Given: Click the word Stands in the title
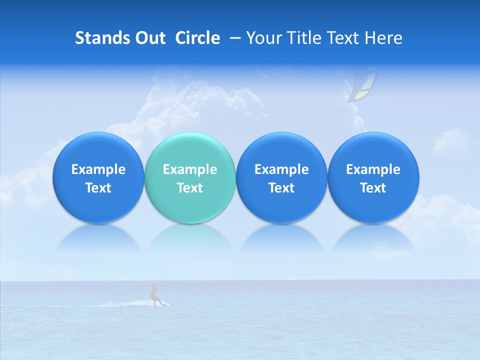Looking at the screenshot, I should [x=99, y=38].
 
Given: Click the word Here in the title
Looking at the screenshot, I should [x=383, y=38].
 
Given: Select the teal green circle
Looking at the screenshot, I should [x=190, y=177].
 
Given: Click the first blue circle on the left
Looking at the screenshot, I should [x=98, y=177].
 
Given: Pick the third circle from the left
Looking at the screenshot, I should [x=281, y=177].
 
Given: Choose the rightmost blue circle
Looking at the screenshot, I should [x=373, y=177].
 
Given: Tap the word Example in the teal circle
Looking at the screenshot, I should [x=190, y=169].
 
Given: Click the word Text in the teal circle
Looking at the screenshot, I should [x=190, y=188].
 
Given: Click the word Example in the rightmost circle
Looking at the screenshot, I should [x=373, y=169].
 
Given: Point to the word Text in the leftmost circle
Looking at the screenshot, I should [x=98, y=188].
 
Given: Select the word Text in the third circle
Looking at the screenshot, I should [x=281, y=188].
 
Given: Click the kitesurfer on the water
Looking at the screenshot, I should [x=154, y=295].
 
